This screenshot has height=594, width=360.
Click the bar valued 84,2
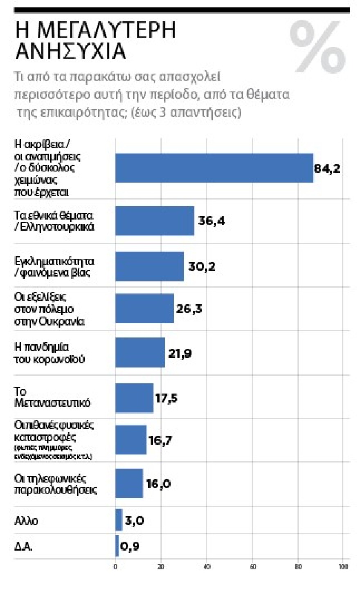coord(214,168)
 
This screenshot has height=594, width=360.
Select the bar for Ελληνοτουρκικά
coord(155,221)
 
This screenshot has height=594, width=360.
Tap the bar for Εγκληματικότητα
coord(149,266)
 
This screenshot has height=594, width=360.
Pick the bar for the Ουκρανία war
coord(144,308)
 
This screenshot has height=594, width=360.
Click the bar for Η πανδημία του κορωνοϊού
coord(140,352)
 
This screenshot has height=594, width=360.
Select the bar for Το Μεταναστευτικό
coord(134,398)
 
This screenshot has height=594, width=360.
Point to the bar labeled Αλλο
coord(119,520)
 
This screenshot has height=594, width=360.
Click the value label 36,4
coord(211,221)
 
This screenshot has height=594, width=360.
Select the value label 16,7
coord(160,440)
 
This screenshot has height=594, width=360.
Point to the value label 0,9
coord(130,546)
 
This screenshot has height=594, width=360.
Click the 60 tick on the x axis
coord(253,567)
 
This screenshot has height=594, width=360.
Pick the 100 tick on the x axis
coord(343,567)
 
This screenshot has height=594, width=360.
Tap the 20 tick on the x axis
coord(161,567)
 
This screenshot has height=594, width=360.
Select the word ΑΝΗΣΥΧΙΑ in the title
coord(70,51)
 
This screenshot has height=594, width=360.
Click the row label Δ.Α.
coord(23,547)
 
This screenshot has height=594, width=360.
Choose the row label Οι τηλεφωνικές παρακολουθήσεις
coord(55,484)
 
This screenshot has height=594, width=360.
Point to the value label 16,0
coord(158,484)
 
